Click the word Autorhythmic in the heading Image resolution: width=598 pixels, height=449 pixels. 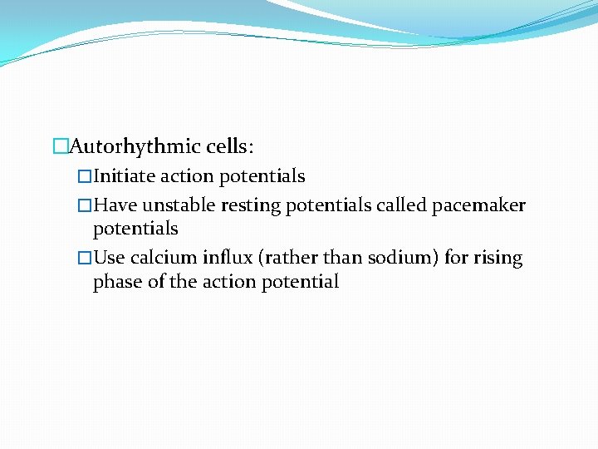[x=135, y=147]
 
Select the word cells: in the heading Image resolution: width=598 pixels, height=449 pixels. [x=230, y=147]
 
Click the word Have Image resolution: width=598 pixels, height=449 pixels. [x=116, y=205]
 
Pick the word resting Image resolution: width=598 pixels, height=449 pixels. [x=252, y=205]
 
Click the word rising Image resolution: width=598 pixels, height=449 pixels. [x=498, y=259]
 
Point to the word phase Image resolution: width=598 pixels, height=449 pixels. [x=117, y=282]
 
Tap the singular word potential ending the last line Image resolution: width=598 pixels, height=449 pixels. [x=301, y=282]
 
